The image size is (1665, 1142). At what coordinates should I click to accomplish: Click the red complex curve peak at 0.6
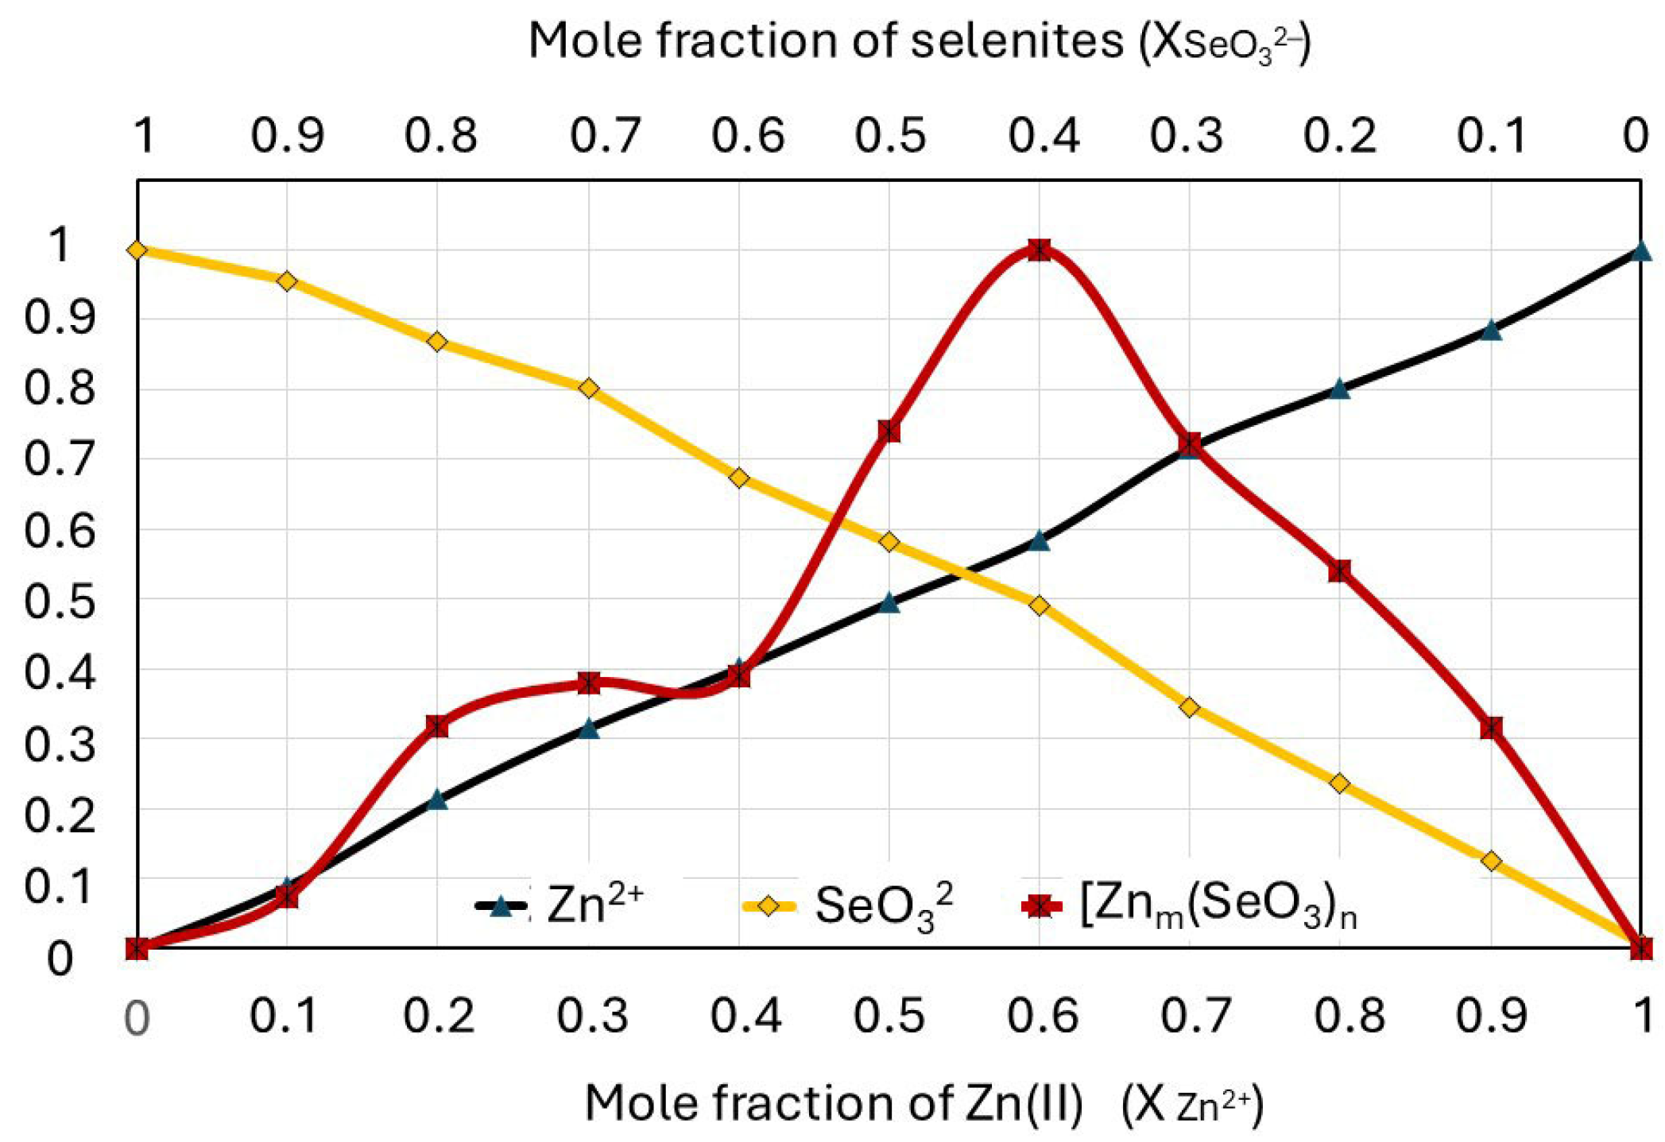coord(1039,250)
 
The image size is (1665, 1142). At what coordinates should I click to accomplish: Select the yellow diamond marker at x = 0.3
coord(588,389)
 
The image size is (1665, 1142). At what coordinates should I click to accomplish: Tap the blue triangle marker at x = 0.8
coord(1339,389)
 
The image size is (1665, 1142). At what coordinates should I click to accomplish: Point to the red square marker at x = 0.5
coord(889,432)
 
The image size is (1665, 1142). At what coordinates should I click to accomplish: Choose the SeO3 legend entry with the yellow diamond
coord(846,906)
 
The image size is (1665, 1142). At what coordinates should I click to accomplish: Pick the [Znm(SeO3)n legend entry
coord(1188,906)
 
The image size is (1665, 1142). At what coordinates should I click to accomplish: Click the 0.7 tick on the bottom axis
coord(1195,1016)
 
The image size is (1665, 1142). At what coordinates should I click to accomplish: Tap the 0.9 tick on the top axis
coord(287,135)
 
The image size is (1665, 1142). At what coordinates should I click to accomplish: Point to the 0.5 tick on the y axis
coord(60,601)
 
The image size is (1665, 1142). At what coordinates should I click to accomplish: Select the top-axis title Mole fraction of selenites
coord(918,41)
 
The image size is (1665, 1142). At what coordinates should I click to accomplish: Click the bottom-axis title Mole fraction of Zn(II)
coord(922,1103)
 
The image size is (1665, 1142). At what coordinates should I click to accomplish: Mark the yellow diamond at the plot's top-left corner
coord(137,250)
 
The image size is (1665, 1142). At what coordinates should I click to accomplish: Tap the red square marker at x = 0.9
coord(1491,728)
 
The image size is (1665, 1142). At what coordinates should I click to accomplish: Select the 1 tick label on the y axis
coord(60,244)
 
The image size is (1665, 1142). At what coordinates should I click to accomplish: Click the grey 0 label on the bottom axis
coord(137,1017)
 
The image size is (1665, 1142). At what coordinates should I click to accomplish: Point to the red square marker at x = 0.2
coord(437,726)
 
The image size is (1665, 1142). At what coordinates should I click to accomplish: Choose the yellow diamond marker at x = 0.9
coord(1491,861)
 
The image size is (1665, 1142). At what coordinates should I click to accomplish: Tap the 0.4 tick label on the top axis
coord(1044,135)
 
